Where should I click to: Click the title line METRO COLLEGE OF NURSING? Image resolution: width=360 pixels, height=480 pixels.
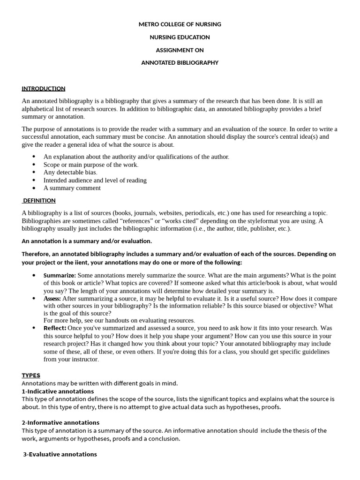tap(180, 24)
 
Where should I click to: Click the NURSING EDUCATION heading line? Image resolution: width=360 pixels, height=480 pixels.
tap(180, 37)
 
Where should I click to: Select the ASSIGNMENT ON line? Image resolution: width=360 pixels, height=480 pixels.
tap(180, 50)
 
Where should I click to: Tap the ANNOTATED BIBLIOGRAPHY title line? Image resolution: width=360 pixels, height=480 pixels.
tap(180, 63)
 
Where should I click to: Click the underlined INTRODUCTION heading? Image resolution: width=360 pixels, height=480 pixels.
tap(43, 89)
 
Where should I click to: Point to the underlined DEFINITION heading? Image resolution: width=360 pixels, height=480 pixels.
tap(39, 201)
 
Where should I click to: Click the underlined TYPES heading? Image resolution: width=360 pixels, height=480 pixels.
tap(31, 375)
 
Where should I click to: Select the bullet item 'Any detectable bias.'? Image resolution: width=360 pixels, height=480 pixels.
tap(70, 172)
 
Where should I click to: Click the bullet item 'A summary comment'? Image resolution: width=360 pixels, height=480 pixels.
tap(72, 188)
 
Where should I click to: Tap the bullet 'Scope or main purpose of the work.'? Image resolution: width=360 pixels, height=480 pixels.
tap(91, 165)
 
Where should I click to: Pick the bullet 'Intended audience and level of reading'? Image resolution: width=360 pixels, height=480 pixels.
tap(95, 180)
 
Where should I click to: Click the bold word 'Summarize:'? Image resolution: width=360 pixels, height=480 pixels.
tap(60, 276)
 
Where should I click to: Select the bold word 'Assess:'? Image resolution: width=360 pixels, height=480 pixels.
tap(52, 299)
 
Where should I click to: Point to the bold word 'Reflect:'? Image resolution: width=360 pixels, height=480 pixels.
tap(55, 328)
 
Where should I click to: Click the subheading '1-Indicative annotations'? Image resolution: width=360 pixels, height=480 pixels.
tap(58, 391)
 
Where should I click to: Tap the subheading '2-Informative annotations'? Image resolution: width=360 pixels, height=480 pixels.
tap(60, 423)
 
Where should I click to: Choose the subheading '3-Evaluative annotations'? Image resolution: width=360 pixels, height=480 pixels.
tap(60, 454)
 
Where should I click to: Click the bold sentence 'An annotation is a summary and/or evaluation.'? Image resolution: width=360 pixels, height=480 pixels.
tap(87, 241)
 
